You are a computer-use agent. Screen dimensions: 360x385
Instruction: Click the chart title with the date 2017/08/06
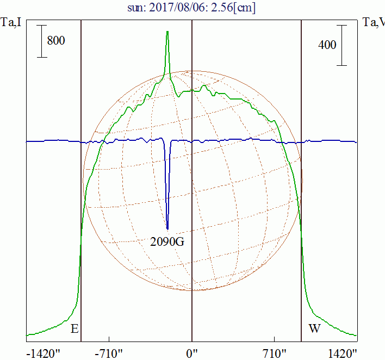192,8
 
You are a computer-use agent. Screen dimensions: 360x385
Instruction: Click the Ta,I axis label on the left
12,23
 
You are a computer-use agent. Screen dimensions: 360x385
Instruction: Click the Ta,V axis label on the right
374,23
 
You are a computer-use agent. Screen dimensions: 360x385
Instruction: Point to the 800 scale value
56,40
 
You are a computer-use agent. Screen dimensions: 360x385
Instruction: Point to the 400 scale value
327,45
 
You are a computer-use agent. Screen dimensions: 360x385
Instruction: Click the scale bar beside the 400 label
341,45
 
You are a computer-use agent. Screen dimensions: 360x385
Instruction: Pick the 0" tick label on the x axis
192,354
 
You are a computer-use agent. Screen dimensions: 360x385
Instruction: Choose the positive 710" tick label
274,354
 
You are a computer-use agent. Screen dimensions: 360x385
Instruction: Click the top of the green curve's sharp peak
167,32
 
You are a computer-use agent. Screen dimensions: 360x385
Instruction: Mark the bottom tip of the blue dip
167,229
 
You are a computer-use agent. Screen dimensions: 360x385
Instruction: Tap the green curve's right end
356,335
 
